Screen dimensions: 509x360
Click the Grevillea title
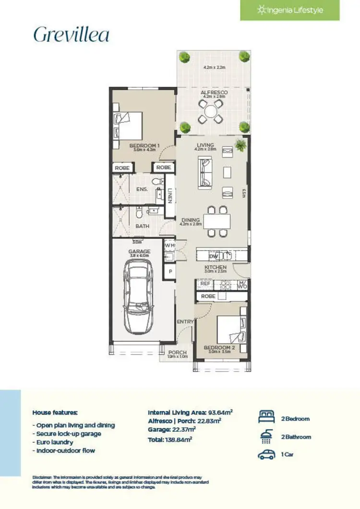71,35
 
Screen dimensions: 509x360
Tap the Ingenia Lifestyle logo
290,10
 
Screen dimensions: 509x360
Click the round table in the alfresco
212,111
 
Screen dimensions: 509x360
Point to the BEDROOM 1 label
144,145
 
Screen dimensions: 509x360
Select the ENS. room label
142,189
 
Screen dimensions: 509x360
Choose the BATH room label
142,226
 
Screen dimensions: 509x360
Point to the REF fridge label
205,284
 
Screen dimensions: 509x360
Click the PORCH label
177,353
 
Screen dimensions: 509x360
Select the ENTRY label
185,321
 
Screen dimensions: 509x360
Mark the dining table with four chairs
217,221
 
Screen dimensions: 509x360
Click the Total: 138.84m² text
170,439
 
